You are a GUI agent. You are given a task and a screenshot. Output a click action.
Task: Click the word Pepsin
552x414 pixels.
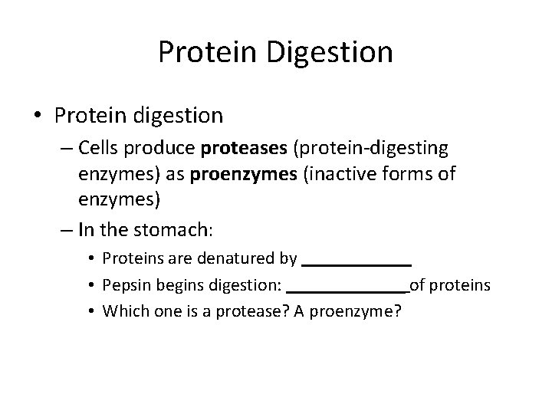tap(125, 285)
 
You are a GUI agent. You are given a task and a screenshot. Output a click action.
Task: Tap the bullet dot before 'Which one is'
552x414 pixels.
tap(90, 311)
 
